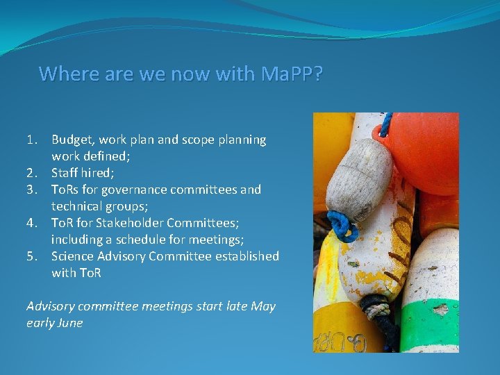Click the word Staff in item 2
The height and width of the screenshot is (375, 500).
coord(65,173)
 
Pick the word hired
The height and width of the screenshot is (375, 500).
coord(100,173)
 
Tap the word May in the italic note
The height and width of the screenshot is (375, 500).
coord(263,306)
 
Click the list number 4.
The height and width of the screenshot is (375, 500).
coord(31,223)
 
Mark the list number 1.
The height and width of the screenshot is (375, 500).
coord(31,140)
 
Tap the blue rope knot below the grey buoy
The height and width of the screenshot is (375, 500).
coord(344,226)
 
